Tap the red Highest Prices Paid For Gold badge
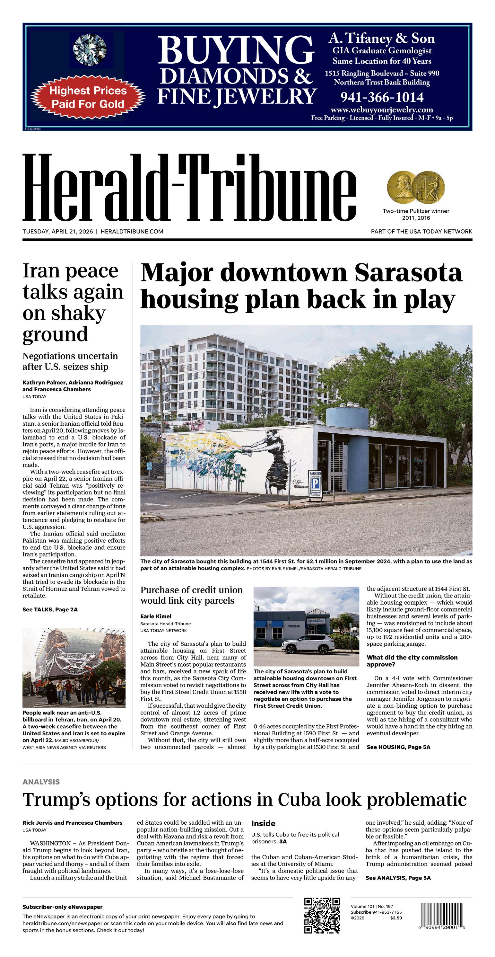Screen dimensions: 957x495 pos(88,97)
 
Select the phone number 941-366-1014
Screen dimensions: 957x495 pos(382,97)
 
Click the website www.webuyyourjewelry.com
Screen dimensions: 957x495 pos(382,110)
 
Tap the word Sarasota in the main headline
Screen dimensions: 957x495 pos(408,273)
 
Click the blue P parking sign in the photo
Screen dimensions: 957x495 pos(315,484)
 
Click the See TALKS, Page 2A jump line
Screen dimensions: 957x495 pos(50,610)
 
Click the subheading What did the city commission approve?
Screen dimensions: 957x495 pos(412,661)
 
